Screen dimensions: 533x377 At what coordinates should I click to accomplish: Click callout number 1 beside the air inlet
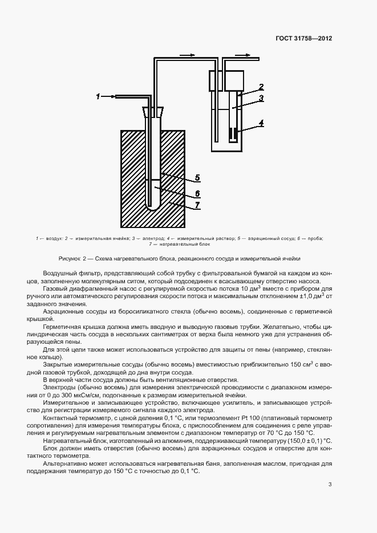pyautogui.click(x=98, y=96)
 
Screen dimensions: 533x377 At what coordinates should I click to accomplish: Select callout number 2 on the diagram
pyautogui.click(x=261, y=87)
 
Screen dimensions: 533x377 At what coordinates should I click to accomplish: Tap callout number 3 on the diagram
pyautogui.click(x=261, y=99)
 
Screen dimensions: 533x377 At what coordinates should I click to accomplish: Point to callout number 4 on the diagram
pyautogui.click(x=261, y=123)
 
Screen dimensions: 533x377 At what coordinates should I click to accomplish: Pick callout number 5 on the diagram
pyautogui.click(x=197, y=177)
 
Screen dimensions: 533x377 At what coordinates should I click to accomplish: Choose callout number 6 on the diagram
pyautogui.click(x=197, y=192)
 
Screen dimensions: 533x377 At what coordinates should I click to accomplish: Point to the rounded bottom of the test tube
pyautogui.click(x=152, y=207)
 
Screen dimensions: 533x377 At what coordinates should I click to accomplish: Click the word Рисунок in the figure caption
pyautogui.click(x=70, y=258)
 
